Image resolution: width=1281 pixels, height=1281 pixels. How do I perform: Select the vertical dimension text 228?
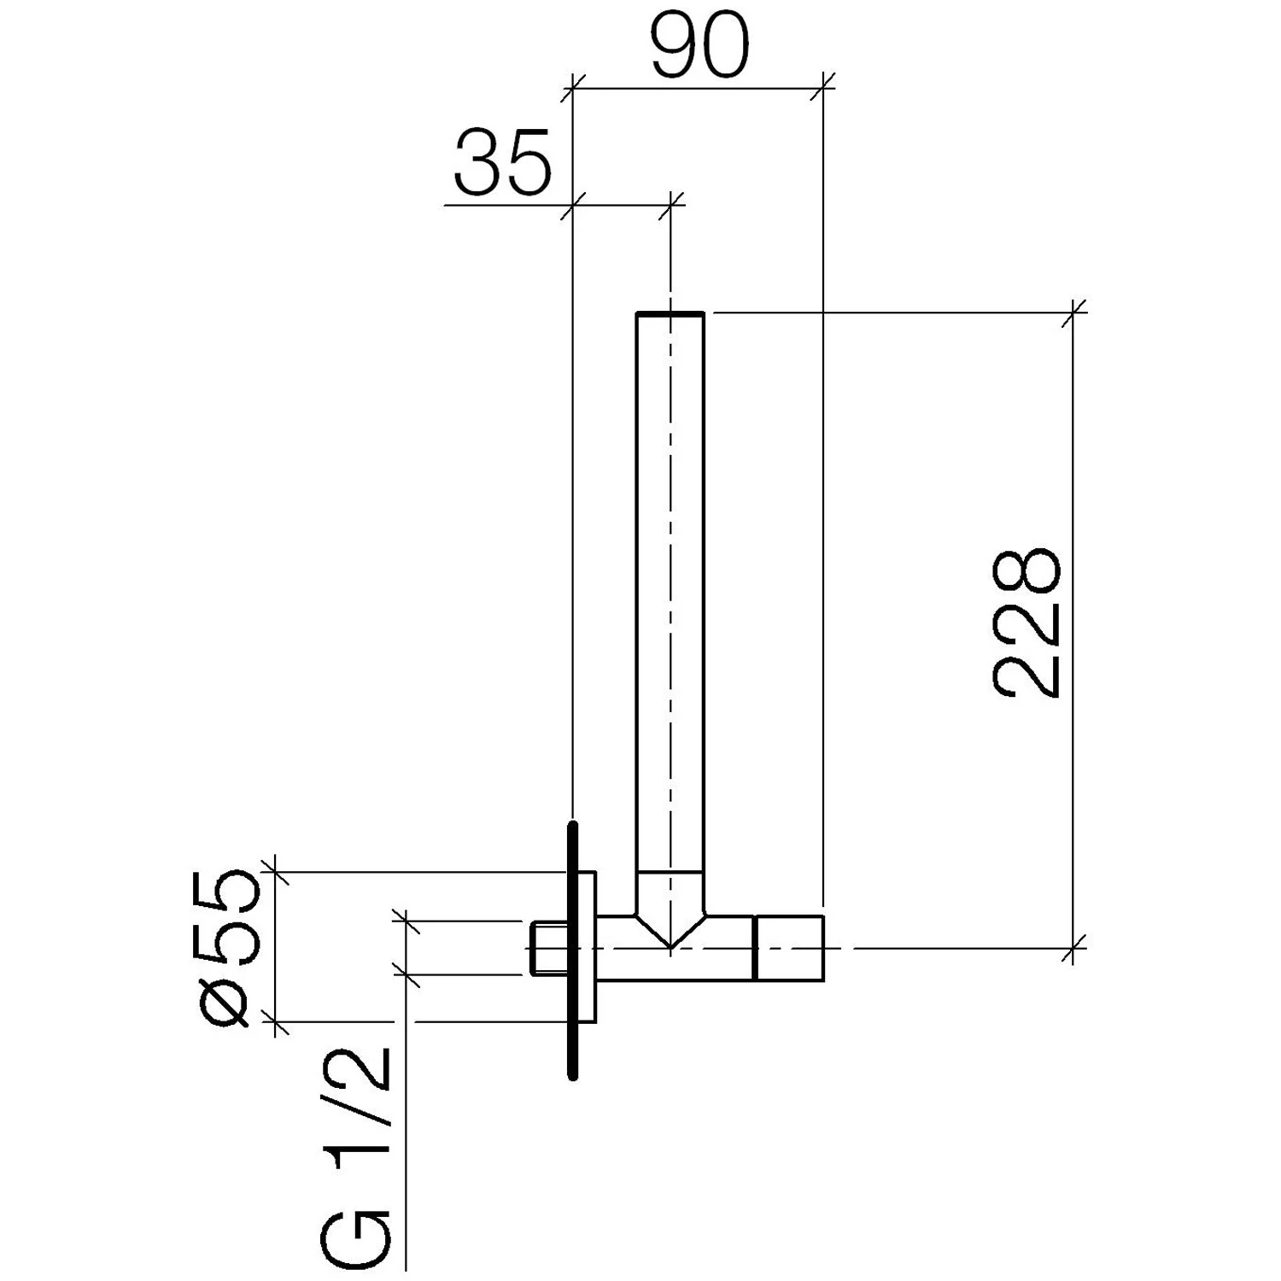click(x=1026, y=623)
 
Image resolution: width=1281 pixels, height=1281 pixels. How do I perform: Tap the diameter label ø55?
click(x=228, y=947)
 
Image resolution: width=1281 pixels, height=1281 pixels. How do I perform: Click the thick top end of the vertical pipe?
click(x=670, y=314)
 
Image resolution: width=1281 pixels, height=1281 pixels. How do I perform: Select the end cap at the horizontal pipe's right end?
click(x=789, y=948)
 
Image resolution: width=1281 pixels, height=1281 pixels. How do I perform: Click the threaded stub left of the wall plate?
click(x=547, y=948)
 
